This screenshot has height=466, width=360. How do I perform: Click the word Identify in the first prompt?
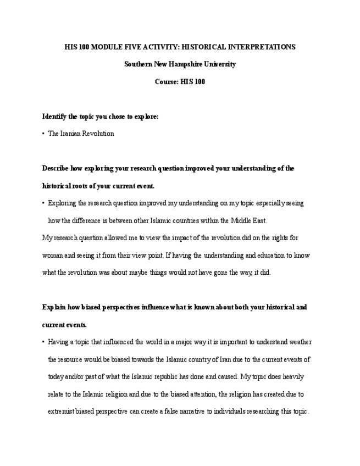(54, 116)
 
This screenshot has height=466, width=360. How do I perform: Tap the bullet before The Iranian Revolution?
(43, 134)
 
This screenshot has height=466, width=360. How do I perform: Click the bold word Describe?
(56, 168)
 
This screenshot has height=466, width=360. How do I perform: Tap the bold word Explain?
(53, 307)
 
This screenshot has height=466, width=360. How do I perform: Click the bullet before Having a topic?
(43, 342)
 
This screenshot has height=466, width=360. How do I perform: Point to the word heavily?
(290, 377)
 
